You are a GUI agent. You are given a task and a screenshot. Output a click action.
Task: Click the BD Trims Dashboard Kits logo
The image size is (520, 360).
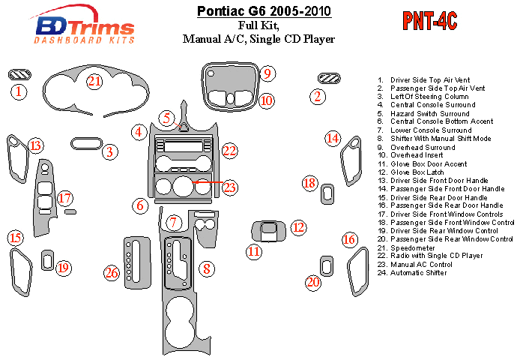(85, 27)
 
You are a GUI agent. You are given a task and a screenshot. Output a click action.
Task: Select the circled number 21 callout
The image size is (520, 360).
(94, 81)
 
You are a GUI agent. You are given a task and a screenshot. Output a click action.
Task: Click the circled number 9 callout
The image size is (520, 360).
(267, 73)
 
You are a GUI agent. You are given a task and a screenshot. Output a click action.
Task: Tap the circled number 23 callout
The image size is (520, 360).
(229, 186)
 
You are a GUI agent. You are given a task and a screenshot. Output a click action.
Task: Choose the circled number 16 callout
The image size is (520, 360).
(349, 240)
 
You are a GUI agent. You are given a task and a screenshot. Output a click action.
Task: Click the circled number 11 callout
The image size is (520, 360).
(255, 251)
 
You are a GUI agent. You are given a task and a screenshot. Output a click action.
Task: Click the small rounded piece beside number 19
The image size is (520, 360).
(47, 260)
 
